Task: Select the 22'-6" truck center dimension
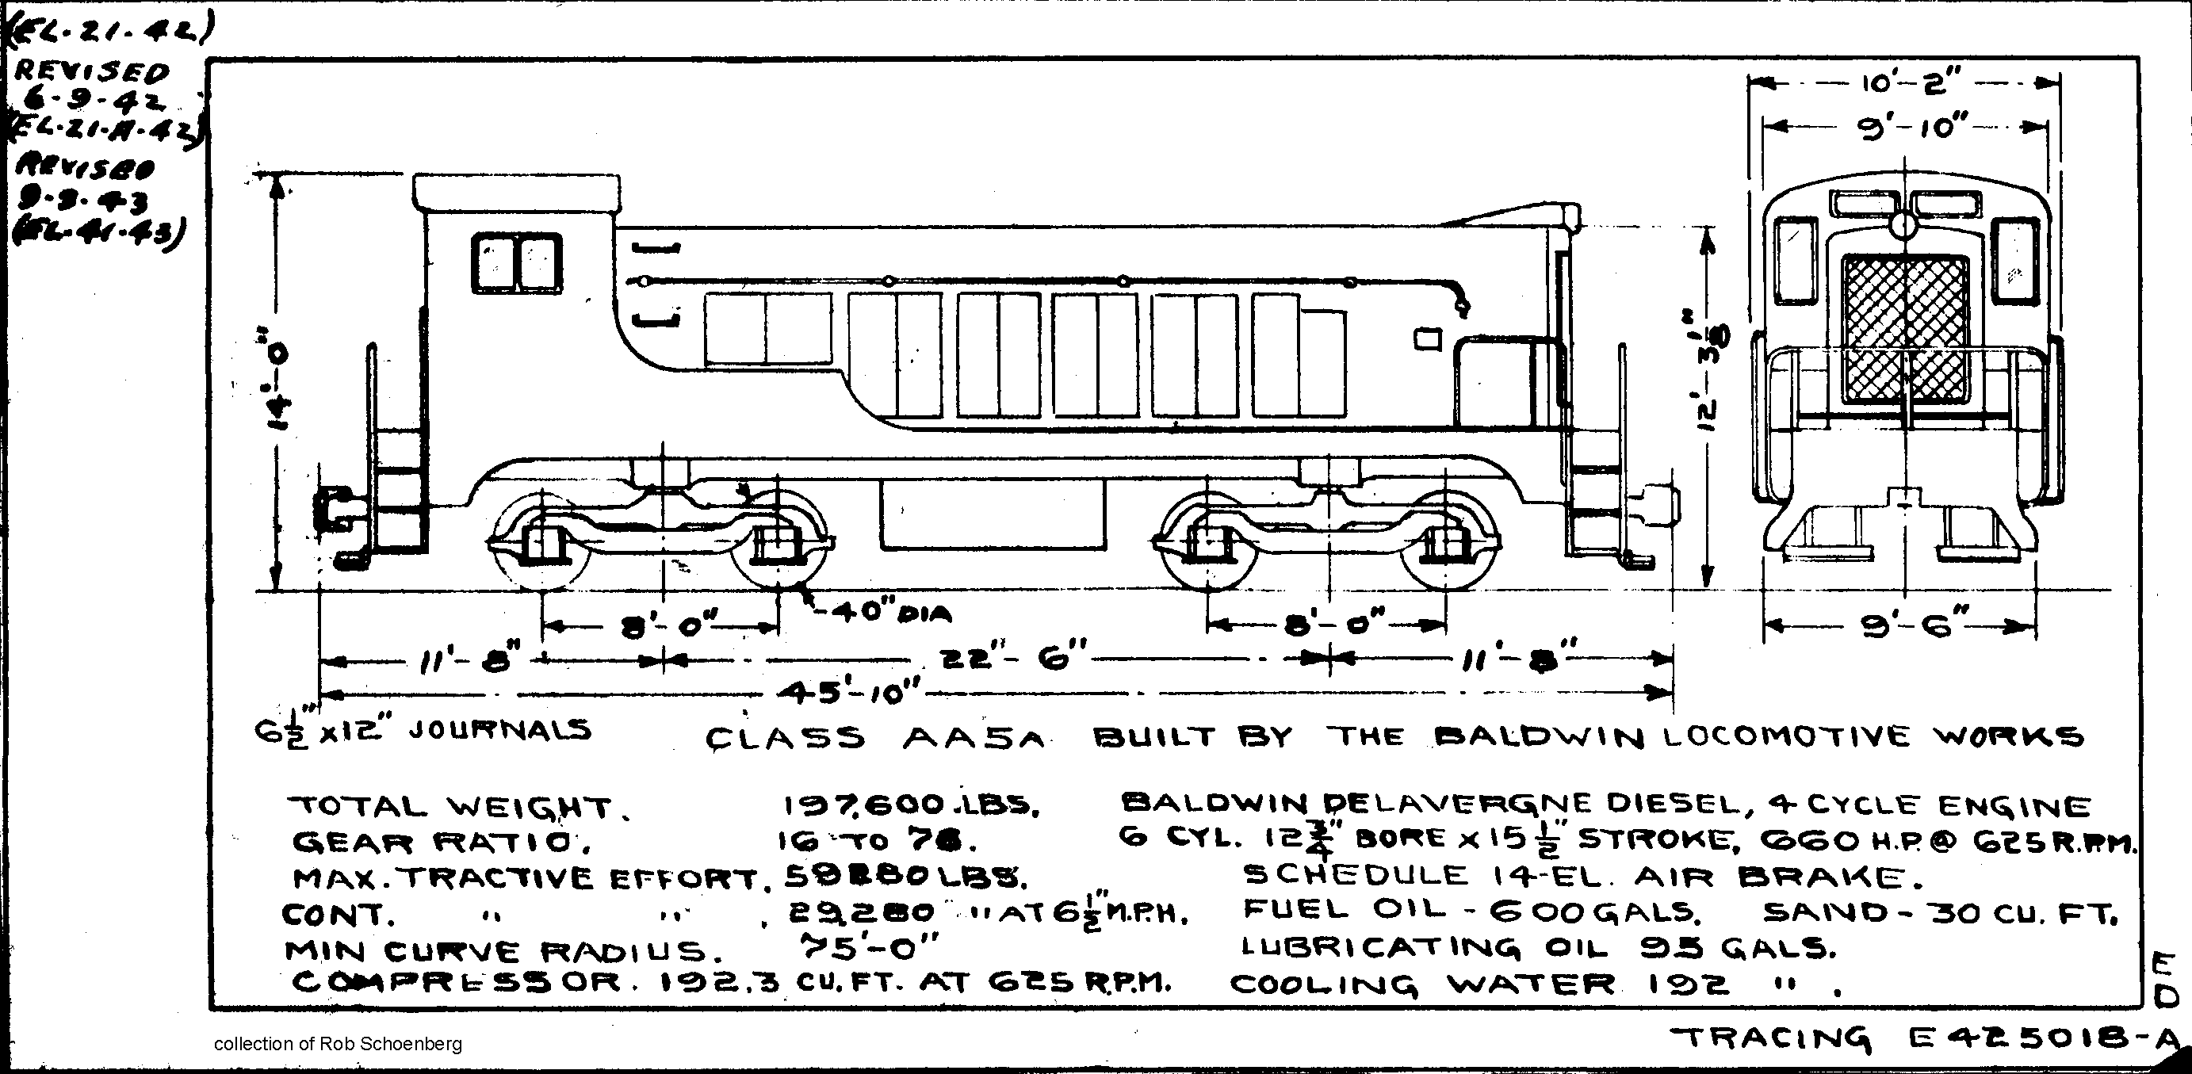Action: (1012, 658)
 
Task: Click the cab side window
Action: (517, 263)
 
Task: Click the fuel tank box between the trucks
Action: (993, 514)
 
